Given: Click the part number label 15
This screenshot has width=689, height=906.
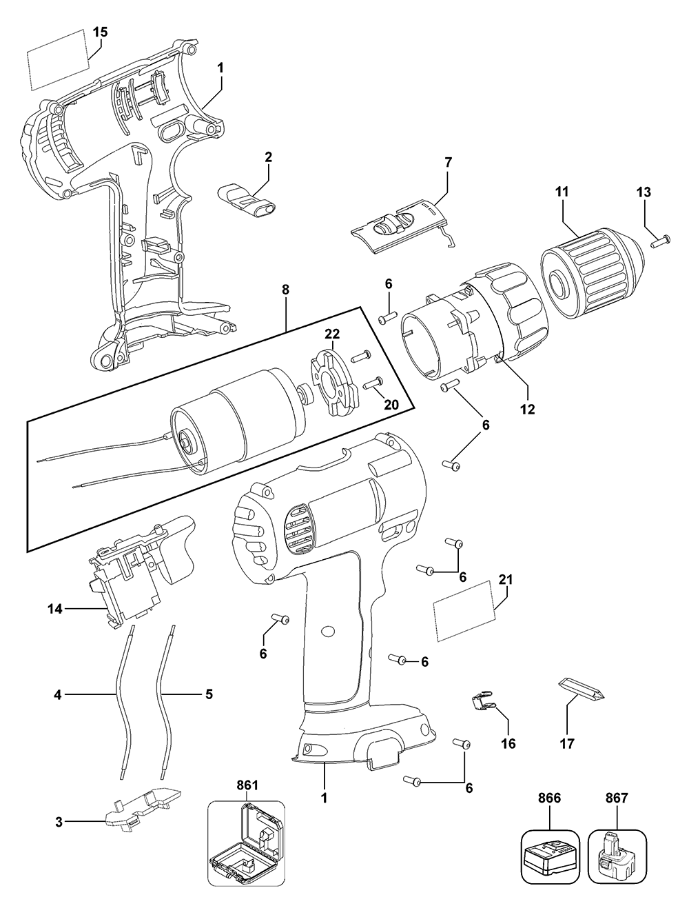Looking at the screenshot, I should click(100, 31).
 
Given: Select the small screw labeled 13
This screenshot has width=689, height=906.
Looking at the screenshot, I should click(660, 241).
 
